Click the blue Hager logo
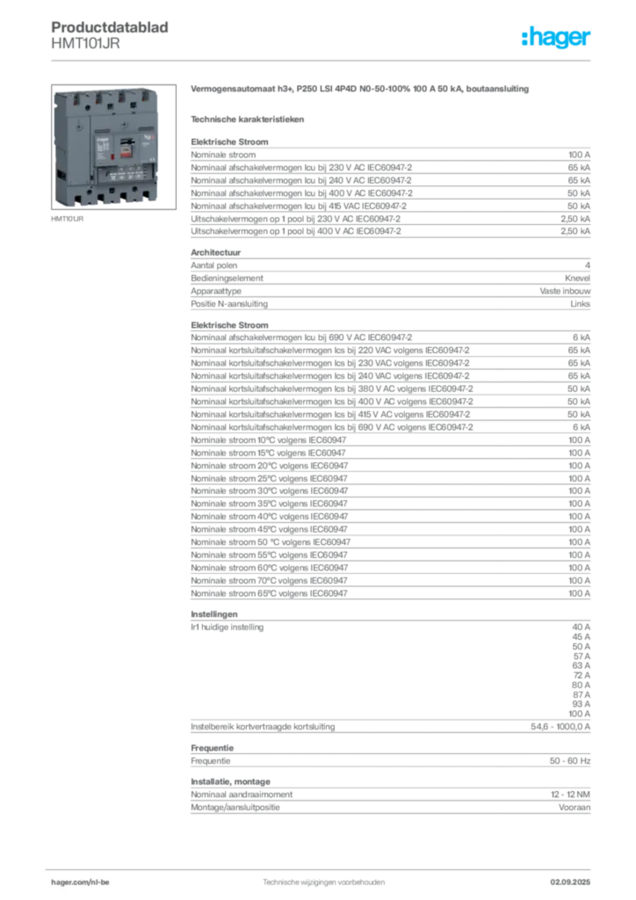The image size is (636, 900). (557, 38)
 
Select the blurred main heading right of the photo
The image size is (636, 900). (360, 91)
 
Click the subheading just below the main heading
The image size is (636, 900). (249, 117)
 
